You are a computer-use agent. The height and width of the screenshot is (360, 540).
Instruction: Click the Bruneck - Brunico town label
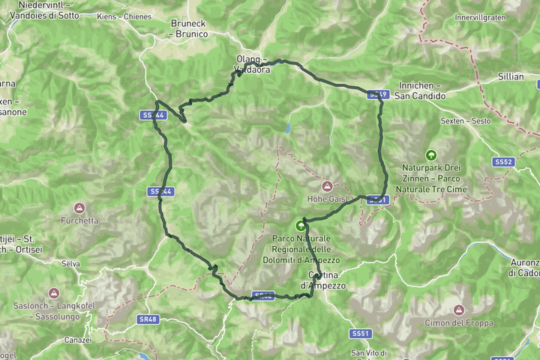(187, 28)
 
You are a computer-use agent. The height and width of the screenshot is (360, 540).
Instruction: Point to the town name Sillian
(511, 77)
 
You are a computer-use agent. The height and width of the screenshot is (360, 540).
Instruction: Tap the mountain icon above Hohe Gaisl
(327, 186)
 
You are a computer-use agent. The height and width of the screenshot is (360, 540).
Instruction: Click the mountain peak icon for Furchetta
(79, 208)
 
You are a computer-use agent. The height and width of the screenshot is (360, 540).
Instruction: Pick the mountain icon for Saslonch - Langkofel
(53, 292)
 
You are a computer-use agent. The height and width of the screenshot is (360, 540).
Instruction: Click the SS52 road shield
(503, 162)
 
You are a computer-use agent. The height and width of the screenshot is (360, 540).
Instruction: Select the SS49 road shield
(379, 94)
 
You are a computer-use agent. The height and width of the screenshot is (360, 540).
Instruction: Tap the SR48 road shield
(148, 319)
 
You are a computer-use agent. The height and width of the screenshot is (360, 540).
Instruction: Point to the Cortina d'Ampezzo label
(322, 280)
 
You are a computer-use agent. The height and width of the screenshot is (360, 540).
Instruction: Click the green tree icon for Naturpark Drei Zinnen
(430, 154)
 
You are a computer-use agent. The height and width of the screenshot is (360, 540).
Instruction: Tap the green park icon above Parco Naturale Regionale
(301, 224)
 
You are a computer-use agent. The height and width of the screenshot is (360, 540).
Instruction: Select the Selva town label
(70, 264)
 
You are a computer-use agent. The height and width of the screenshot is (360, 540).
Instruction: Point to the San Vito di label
(369, 352)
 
